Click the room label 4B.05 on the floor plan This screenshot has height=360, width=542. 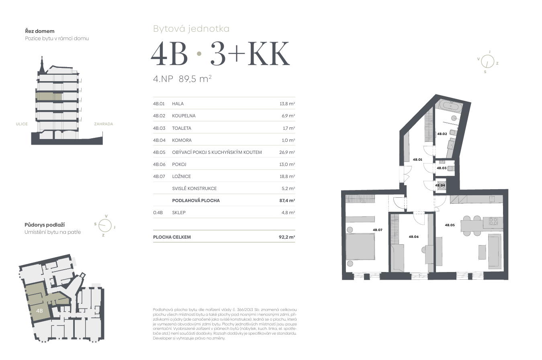pyautogui.click(x=450, y=225)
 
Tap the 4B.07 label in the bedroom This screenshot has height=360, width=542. pyautogui.click(x=377, y=230)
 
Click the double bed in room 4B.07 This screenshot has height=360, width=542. pyautogui.click(x=360, y=247)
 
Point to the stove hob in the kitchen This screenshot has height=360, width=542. pyautogui.click(x=493, y=221)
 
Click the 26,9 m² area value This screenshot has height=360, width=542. pyautogui.click(x=287, y=152)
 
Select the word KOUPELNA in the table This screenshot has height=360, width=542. pyautogui.click(x=184, y=116)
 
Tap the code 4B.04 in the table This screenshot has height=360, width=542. pyautogui.click(x=159, y=140)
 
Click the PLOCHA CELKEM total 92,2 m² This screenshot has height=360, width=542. pyautogui.click(x=287, y=237)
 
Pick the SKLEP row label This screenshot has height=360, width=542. pyautogui.click(x=179, y=213)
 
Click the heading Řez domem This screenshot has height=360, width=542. pyautogui.click(x=40, y=31)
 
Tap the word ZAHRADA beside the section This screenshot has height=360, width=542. pyautogui.click(x=104, y=124)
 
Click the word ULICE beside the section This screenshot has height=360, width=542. pyautogui.click(x=22, y=124)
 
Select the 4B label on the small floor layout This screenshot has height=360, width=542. pyautogui.click(x=39, y=311)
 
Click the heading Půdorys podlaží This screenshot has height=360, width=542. pyautogui.click(x=45, y=225)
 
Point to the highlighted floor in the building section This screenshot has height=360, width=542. pyautogui.click(x=49, y=96)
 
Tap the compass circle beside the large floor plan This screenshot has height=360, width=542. pyautogui.click(x=487, y=61)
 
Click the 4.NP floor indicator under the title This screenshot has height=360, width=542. pyautogui.click(x=163, y=79)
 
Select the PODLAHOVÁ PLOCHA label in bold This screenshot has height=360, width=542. pyautogui.click(x=196, y=200)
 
